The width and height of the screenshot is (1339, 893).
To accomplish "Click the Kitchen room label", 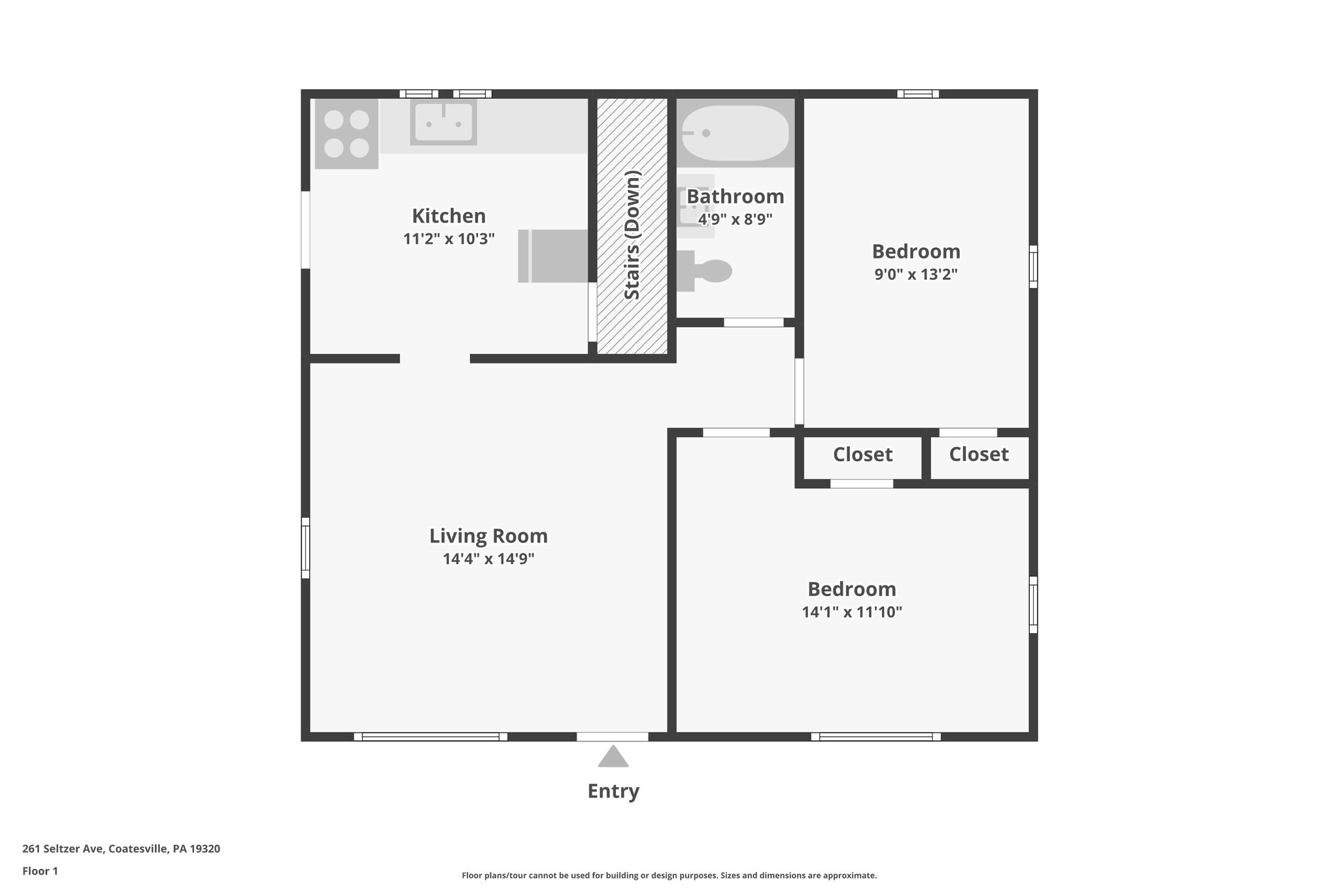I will [x=449, y=216].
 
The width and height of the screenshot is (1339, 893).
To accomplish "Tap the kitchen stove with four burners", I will [x=347, y=133].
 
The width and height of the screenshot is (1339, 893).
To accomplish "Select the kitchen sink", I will [x=443, y=122].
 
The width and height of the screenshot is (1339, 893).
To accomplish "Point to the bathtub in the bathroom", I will [x=735, y=133].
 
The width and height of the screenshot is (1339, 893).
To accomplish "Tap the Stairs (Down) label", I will [x=632, y=235].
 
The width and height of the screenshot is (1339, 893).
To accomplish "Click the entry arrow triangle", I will [x=613, y=757].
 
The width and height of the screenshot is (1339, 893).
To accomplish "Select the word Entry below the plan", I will [x=613, y=791].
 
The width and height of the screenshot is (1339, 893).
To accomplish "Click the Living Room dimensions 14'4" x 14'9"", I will [x=488, y=559].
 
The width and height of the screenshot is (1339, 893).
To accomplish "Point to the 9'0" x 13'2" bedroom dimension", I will [x=916, y=274].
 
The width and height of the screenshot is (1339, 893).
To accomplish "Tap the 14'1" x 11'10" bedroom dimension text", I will [x=852, y=612].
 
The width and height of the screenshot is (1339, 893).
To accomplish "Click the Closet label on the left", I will [x=862, y=454].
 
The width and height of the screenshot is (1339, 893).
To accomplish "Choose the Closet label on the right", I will [x=979, y=454].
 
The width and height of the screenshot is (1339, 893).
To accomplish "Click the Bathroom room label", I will [x=735, y=196].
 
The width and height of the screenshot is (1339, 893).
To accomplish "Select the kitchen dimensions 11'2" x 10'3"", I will [x=449, y=239].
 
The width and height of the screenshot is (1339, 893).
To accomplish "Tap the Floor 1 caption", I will [x=40, y=871].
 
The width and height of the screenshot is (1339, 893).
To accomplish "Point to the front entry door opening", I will [x=612, y=737].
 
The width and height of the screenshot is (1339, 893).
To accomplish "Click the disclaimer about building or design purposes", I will [x=669, y=875].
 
